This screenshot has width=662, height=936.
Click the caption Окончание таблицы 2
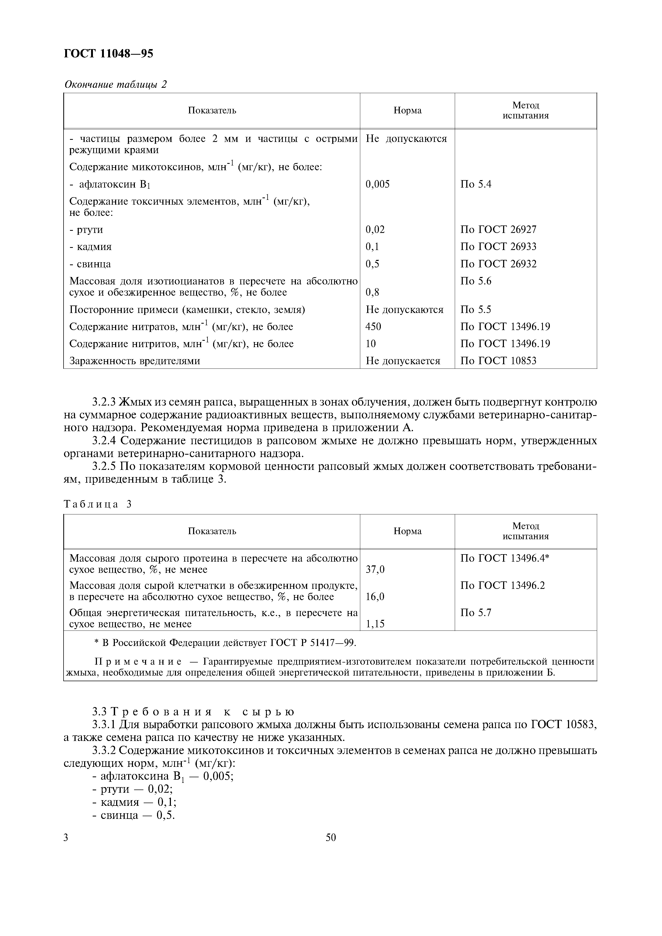point(116,85)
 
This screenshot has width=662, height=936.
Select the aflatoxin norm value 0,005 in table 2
point(378,184)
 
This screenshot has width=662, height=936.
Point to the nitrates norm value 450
point(374,327)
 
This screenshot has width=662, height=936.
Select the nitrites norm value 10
point(371,344)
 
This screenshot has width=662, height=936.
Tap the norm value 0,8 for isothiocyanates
point(372,292)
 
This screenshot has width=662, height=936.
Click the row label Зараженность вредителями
point(135,361)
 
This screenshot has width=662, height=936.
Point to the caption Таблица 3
point(98,504)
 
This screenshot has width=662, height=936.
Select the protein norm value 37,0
point(375,569)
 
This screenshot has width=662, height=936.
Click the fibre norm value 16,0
point(375,597)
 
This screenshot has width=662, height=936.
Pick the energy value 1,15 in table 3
point(375,624)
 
